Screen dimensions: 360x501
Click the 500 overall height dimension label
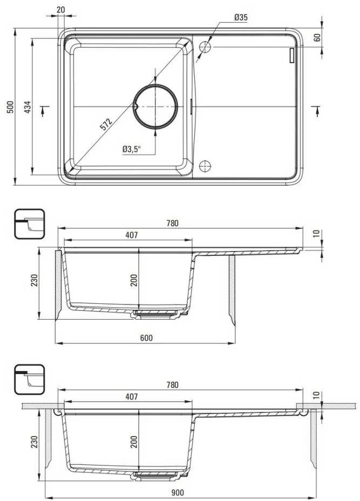(x=11, y=107)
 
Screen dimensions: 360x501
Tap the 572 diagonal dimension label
(x=106, y=124)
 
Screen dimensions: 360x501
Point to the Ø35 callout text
(x=241, y=17)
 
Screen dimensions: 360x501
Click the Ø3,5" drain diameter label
(x=132, y=149)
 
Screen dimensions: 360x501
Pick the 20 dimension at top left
(x=60, y=10)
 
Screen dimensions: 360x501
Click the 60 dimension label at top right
(x=317, y=38)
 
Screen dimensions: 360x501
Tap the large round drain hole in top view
(x=155, y=106)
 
